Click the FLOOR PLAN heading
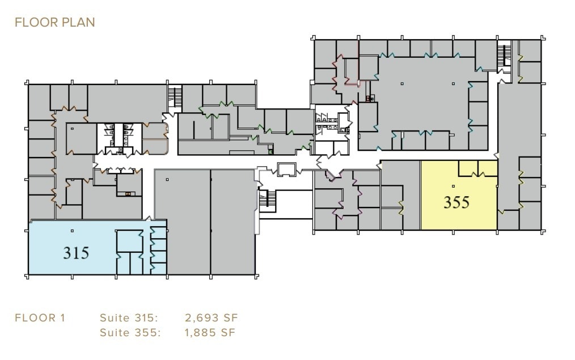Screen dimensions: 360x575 click(x=54, y=23)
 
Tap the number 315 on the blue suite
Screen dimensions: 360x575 click(x=76, y=252)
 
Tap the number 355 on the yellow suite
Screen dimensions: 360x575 click(x=456, y=202)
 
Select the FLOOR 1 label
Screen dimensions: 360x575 click(x=40, y=317)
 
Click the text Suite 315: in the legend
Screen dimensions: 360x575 click(x=128, y=317)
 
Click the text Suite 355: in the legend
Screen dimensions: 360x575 click(x=128, y=332)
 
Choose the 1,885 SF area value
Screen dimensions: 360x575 click(x=210, y=332)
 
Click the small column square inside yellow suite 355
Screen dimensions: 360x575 click(x=453, y=186)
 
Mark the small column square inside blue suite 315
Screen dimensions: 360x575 click(x=72, y=231)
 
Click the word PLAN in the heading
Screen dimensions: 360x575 click(x=78, y=23)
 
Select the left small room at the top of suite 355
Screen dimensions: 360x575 click(x=468, y=168)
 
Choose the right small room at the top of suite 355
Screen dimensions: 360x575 click(x=488, y=168)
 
